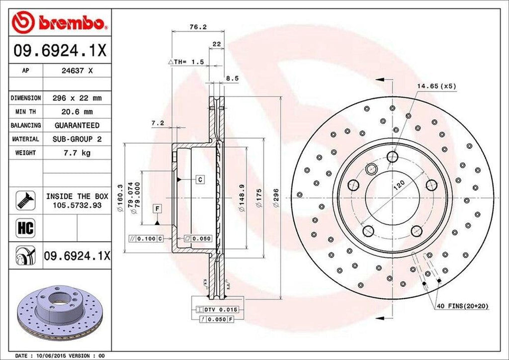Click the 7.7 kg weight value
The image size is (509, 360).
click(77, 153)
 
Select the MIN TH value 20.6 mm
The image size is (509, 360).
click(77, 112)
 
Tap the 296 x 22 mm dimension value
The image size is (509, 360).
click(77, 98)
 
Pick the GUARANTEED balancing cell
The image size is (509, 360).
click(77, 125)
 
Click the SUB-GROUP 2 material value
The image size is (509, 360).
click(77, 139)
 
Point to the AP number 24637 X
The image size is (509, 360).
click(77, 71)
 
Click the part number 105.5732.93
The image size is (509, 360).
click(77, 205)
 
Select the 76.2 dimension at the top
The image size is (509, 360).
click(198, 27)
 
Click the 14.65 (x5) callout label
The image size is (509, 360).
click(436, 86)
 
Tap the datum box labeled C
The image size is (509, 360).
click(199, 179)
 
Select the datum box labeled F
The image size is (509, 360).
click(157, 209)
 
